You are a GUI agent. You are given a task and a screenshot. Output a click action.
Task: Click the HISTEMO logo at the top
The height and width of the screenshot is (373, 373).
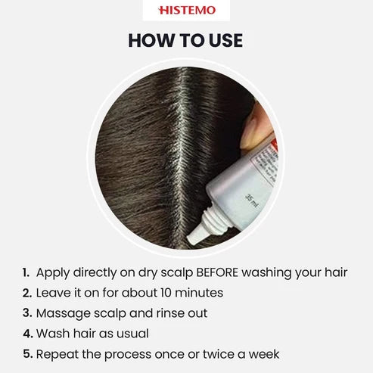click(187, 11)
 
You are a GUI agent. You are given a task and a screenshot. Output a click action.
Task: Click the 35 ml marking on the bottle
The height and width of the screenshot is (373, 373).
click(252, 201)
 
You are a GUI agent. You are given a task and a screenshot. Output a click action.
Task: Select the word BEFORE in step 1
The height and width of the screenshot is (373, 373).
click(217, 272)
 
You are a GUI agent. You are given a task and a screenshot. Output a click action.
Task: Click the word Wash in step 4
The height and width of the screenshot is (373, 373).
click(53, 334)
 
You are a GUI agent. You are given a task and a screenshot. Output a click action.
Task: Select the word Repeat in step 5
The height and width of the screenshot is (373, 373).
click(58, 355)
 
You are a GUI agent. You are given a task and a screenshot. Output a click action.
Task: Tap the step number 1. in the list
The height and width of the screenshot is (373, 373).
click(26, 272)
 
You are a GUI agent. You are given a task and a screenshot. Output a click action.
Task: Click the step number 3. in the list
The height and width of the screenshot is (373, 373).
click(27, 313)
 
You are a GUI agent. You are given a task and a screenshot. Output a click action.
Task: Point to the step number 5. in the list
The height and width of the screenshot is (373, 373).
click(28, 354)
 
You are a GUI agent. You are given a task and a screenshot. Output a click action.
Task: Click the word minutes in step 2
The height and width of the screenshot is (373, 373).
click(199, 293)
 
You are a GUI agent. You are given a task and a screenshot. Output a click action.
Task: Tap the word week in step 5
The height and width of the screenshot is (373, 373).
click(264, 354)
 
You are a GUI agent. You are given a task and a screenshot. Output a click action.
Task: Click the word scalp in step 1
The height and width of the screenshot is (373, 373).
click(177, 273)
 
